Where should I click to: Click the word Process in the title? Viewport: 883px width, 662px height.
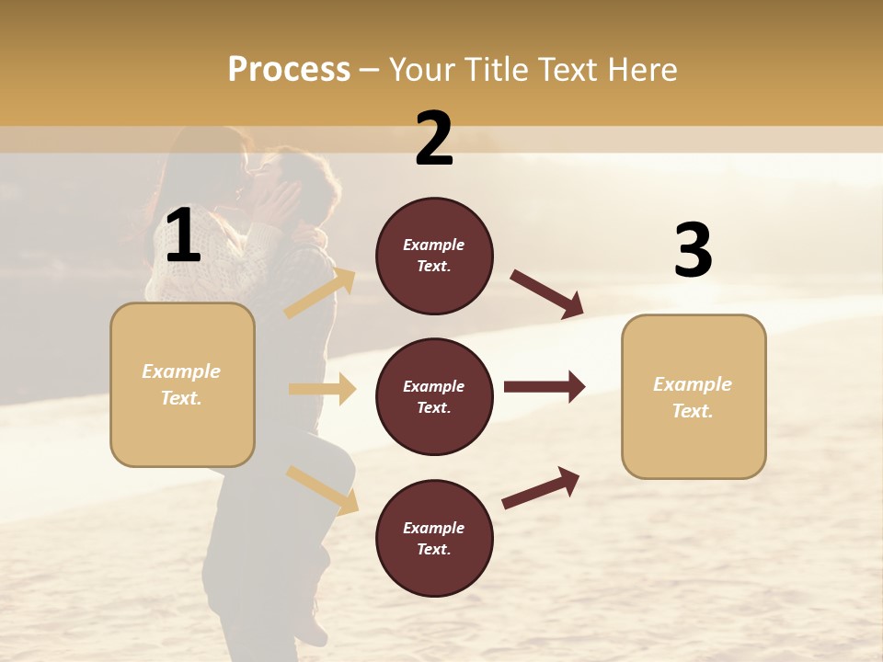(289, 70)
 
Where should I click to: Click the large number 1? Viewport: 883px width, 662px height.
(183, 236)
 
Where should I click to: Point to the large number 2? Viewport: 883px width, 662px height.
(434, 139)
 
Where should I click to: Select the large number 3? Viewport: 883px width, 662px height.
(693, 250)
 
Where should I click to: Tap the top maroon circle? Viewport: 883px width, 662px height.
(434, 256)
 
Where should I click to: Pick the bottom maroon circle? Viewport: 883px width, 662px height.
(434, 538)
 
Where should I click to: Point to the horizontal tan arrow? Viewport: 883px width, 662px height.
(322, 389)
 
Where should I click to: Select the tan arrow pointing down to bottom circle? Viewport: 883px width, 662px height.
(322, 490)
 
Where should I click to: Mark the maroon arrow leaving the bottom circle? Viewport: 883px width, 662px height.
(541, 487)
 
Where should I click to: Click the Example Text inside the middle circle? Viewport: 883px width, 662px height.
(434, 397)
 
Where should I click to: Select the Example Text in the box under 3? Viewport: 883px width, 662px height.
(693, 397)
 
